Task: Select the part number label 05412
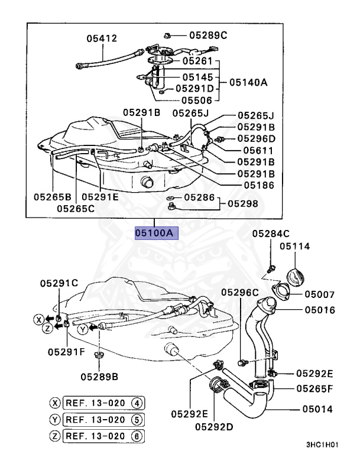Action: pos(101,38)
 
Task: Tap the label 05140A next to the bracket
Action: pos(248,83)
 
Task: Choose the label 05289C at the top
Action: pos(208,35)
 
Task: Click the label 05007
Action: pos(320,294)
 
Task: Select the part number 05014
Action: pos(317,408)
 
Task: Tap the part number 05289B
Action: pos(99,375)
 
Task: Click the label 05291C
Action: pos(59,283)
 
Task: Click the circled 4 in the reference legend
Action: pos(137,403)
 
